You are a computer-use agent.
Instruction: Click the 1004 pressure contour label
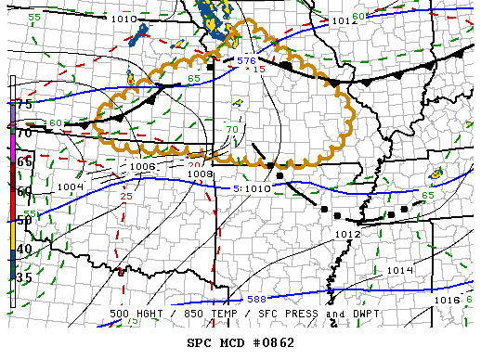point(71,187)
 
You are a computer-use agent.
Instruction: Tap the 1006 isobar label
point(142,167)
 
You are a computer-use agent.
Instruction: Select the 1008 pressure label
point(200,174)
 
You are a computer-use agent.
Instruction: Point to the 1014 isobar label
point(400,270)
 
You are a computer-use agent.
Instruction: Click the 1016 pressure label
point(447,301)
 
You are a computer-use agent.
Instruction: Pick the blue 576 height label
point(245,61)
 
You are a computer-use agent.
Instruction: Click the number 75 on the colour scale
point(25,105)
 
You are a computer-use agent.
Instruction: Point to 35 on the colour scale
point(25,277)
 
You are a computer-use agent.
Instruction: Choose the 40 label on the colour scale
point(25,249)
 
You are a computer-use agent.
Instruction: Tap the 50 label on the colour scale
point(25,220)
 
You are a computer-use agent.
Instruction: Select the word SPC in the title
point(200,342)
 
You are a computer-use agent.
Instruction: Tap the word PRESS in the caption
point(295,315)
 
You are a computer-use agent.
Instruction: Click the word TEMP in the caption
point(236,315)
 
